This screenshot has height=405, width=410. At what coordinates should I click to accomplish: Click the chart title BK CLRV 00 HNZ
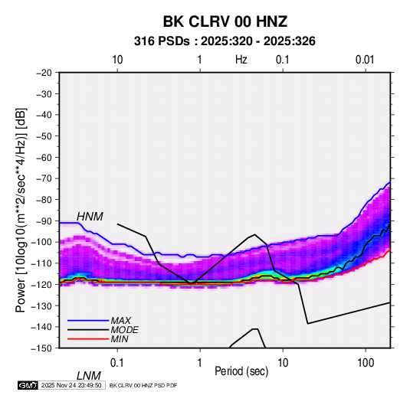point(225,21)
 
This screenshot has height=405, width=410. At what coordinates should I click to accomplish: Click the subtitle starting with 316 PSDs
point(225,41)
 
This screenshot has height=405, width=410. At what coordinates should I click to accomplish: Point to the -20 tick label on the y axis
point(44,73)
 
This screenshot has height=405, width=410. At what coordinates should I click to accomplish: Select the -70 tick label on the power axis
point(44,178)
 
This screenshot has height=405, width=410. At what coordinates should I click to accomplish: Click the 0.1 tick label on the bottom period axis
point(116,363)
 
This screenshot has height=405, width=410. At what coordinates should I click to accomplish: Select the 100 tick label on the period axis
point(366,363)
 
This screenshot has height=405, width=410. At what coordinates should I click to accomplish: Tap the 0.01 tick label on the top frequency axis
point(365,60)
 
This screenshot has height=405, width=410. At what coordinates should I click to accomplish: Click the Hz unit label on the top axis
point(241,60)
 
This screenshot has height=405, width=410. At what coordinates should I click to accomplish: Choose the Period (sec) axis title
point(241,371)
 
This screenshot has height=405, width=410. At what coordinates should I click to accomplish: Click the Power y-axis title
point(21,211)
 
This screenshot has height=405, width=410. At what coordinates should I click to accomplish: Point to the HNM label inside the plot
point(90,217)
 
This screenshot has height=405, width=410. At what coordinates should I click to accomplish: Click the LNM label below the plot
point(88,376)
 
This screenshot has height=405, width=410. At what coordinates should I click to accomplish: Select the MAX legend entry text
point(120,321)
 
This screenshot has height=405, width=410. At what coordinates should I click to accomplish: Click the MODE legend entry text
point(124,330)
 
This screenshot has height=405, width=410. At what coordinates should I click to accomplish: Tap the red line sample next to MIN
point(88,339)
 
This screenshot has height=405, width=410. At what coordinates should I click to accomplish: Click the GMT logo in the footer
point(28,385)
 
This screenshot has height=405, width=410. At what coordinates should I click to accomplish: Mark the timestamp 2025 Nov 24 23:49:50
point(71,385)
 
